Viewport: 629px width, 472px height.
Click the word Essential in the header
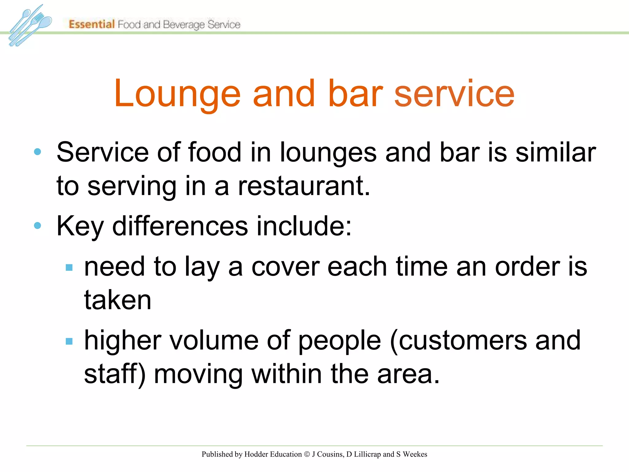[92, 24]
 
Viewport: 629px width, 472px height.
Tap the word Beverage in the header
[184, 25]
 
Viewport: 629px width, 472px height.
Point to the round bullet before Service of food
[37, 151]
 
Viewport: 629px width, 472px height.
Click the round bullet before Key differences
[37, 226]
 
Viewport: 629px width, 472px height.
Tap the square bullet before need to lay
[69, 267]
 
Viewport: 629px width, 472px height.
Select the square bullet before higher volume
[69, 341]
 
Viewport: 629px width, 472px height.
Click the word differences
[180, 226]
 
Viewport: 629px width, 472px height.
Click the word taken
[118, 300]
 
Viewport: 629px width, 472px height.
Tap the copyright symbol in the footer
[307, 454]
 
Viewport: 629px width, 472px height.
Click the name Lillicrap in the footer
[367, 454]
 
